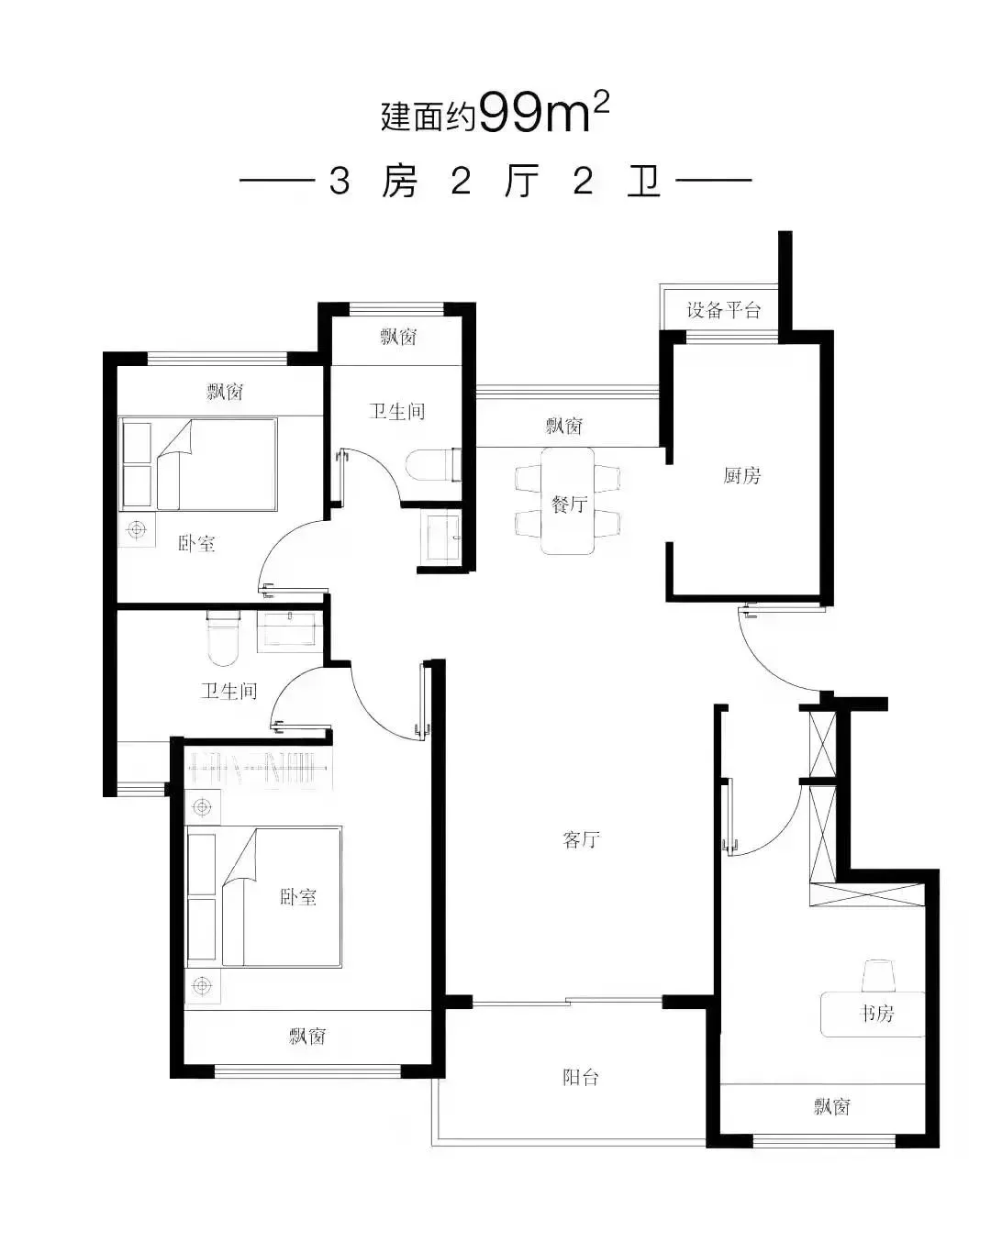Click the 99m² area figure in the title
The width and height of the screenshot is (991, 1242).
[x=544, y=113]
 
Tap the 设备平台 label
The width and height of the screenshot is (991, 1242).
[x=723, y=310]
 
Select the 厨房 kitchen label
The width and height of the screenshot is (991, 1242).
[x=741, y=475]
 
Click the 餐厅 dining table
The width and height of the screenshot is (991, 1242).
[x=568, y=501]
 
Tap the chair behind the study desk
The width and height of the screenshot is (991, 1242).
[x=878, y=976]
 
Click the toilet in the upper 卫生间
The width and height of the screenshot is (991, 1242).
[x=433, y=465]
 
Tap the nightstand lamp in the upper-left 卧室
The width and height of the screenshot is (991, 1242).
[x=137, y=528]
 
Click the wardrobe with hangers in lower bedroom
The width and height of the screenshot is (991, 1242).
[x=258, y=770]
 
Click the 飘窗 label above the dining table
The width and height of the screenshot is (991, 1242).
[x=564, y=426]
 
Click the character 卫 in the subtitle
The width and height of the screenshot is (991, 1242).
[x=643, y=182]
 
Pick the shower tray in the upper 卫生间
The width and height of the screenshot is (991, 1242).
[x=443, y=537]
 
